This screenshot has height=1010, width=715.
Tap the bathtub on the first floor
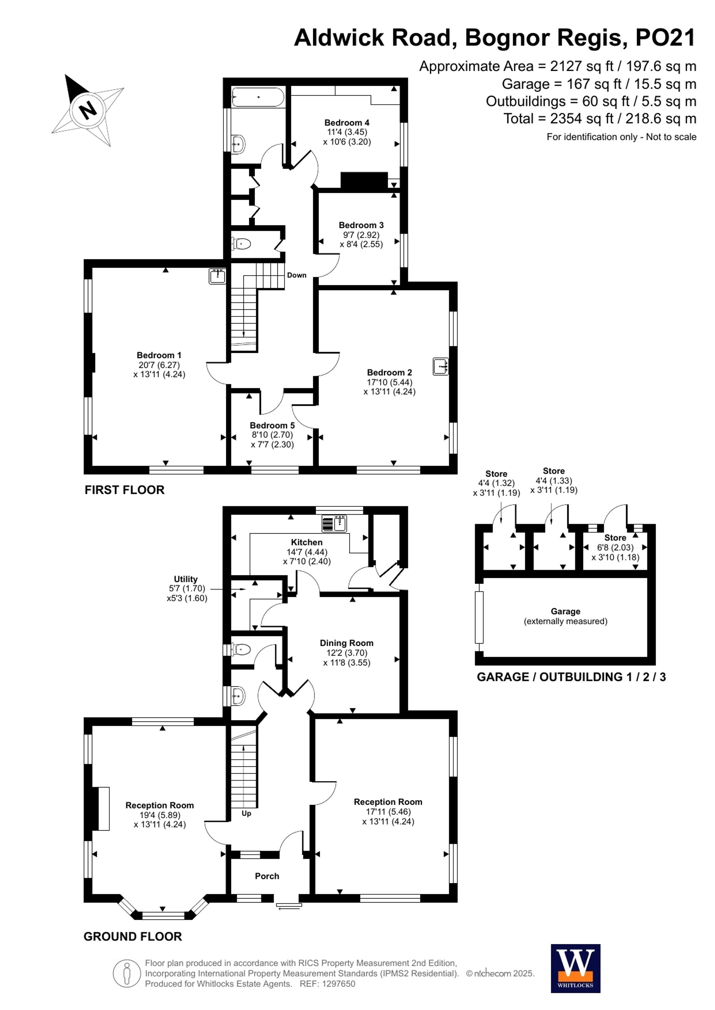click(x=258, y=97)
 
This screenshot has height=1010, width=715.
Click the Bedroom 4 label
click(x=346, y=123)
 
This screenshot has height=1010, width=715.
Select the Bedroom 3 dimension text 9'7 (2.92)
click(x=361, y=235)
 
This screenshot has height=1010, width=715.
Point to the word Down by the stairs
click(x=296, y=275)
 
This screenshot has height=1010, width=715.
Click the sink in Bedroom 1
click(x=217, y=276)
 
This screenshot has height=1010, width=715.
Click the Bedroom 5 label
click(x=272, y=425)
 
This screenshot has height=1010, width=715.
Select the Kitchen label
click(x=306, y=542)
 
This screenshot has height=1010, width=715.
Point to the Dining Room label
click(x=346, y=643)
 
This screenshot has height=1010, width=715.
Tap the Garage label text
click(x=565, y=611)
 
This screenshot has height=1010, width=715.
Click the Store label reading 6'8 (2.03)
click(x=615, y=547)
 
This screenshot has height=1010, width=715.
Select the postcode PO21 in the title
click(x=665, y=38)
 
